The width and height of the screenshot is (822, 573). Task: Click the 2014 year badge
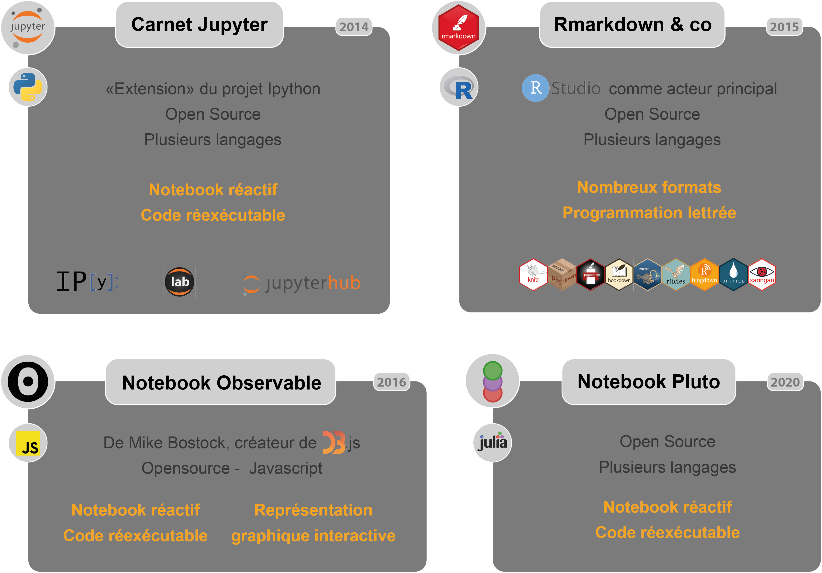click(x=354, y=27)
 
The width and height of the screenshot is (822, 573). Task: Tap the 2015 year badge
click(x=784, y=27)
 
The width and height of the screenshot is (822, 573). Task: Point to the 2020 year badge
click(x=785, y=382)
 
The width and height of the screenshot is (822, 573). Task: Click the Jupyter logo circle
click(x=28, y=28)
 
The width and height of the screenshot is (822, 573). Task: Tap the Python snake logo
click(x=28, y=87)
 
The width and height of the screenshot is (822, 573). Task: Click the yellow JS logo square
click(x=28, y=443)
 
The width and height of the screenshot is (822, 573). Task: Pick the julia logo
click(x=493, y=443)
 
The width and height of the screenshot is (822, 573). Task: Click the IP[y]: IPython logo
click(x=87, y=282)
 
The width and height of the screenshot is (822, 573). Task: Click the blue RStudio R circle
click(x=535, y=88)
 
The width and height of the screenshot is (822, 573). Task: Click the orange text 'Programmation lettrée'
click(x=649, y=213)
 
